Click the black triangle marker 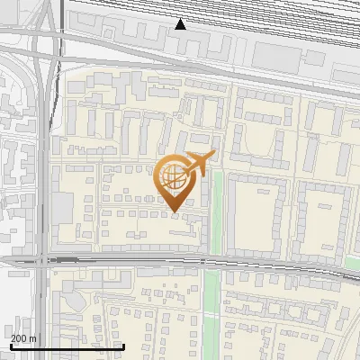click(181, 24)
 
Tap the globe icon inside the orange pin click(173, 176)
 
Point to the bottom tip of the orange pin click(173, 212)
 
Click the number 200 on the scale click(18, 338)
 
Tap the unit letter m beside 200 click(33, 338)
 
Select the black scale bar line click(67, 346)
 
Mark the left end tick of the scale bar click(11, 345)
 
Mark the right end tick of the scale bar click(122, 345)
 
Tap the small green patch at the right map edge click(354, 265)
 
